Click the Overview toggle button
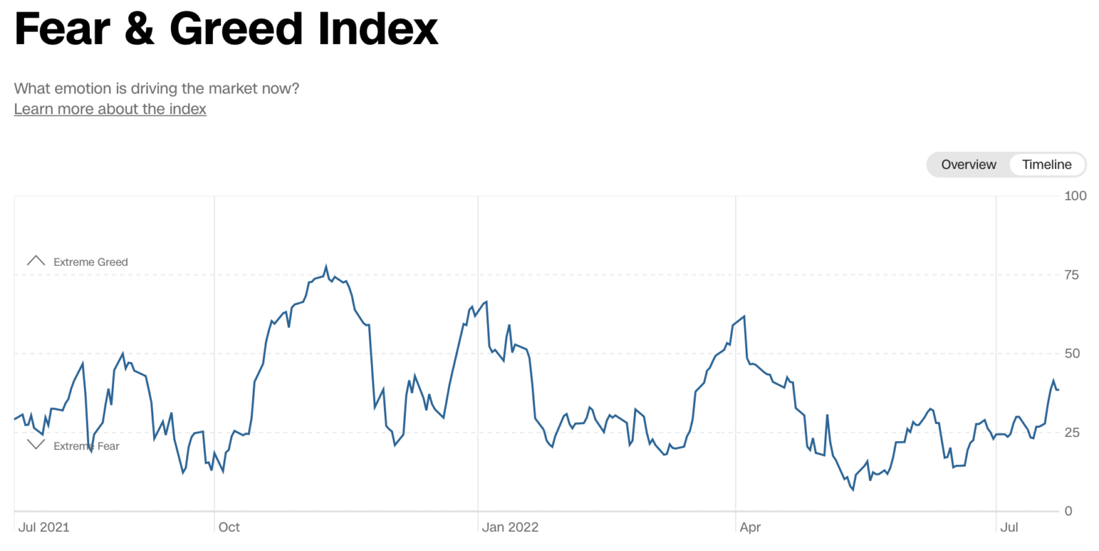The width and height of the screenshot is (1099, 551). [968, 165]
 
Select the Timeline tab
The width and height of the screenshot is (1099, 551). [1046, 165]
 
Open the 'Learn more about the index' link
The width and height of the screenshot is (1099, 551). [110, 109]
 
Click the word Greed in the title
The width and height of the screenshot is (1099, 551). [236, 29]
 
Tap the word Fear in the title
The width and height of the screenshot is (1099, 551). [63, 29]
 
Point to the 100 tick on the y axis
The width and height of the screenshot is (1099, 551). [1075, 196]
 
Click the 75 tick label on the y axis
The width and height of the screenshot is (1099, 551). [1071, 275]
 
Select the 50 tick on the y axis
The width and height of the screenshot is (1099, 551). [1072, 354]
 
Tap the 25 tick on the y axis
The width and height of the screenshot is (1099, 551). [1072, 433]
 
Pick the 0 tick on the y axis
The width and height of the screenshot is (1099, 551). [1068, 511]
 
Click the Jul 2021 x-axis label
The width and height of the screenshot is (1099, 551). [43, 528]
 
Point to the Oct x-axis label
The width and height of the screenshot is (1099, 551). [229, 528]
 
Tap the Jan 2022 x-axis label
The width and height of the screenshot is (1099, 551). [510, 528]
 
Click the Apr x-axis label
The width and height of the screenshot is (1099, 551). [750, 528]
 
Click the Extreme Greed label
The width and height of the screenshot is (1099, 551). [91, 262]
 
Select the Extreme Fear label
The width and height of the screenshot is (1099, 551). [87, 447]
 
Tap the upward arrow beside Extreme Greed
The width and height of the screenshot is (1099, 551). [36, 261]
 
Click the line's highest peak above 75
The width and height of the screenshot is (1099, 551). [326, 267]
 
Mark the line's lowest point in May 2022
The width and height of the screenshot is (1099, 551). [853, 490]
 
